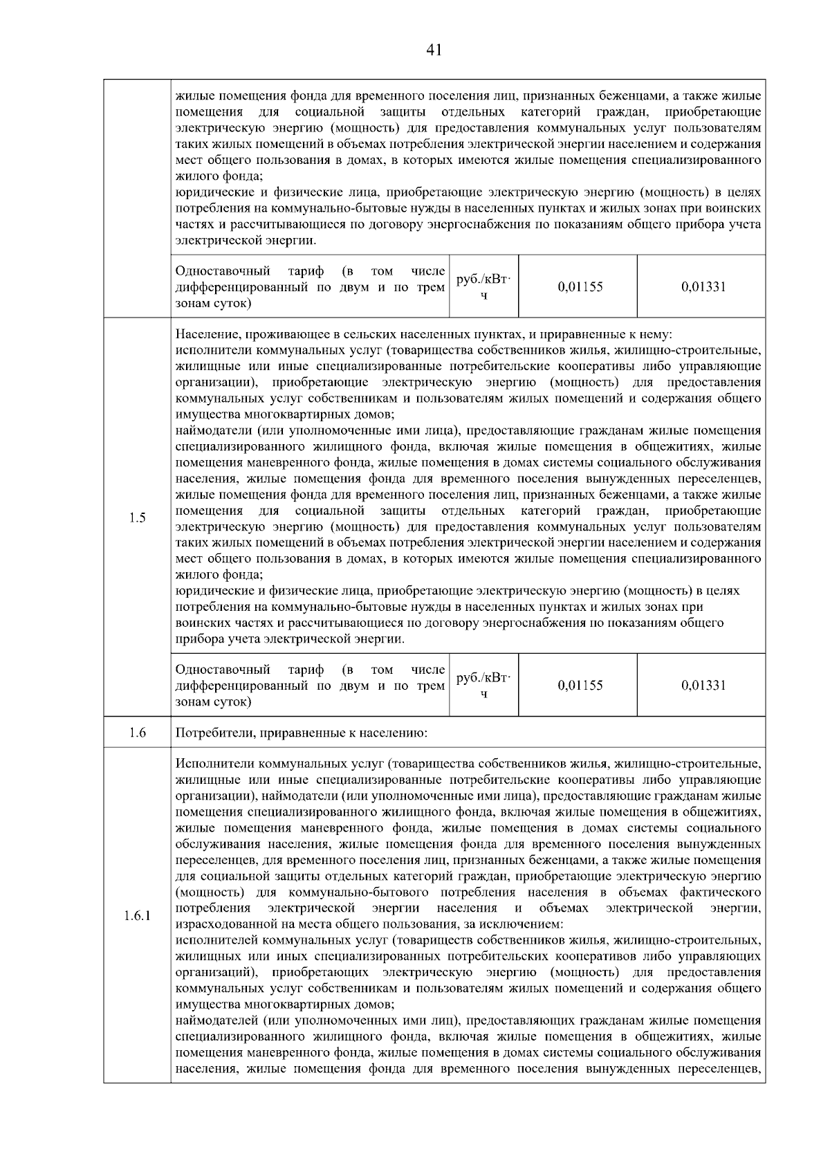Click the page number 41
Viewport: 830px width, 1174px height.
434,50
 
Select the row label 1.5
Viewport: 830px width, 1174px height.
137,517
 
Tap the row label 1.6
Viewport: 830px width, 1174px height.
137,733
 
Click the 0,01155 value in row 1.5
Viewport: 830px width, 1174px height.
580,685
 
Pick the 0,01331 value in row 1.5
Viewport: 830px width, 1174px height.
703,685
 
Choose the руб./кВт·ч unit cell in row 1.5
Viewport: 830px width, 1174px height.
483,685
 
